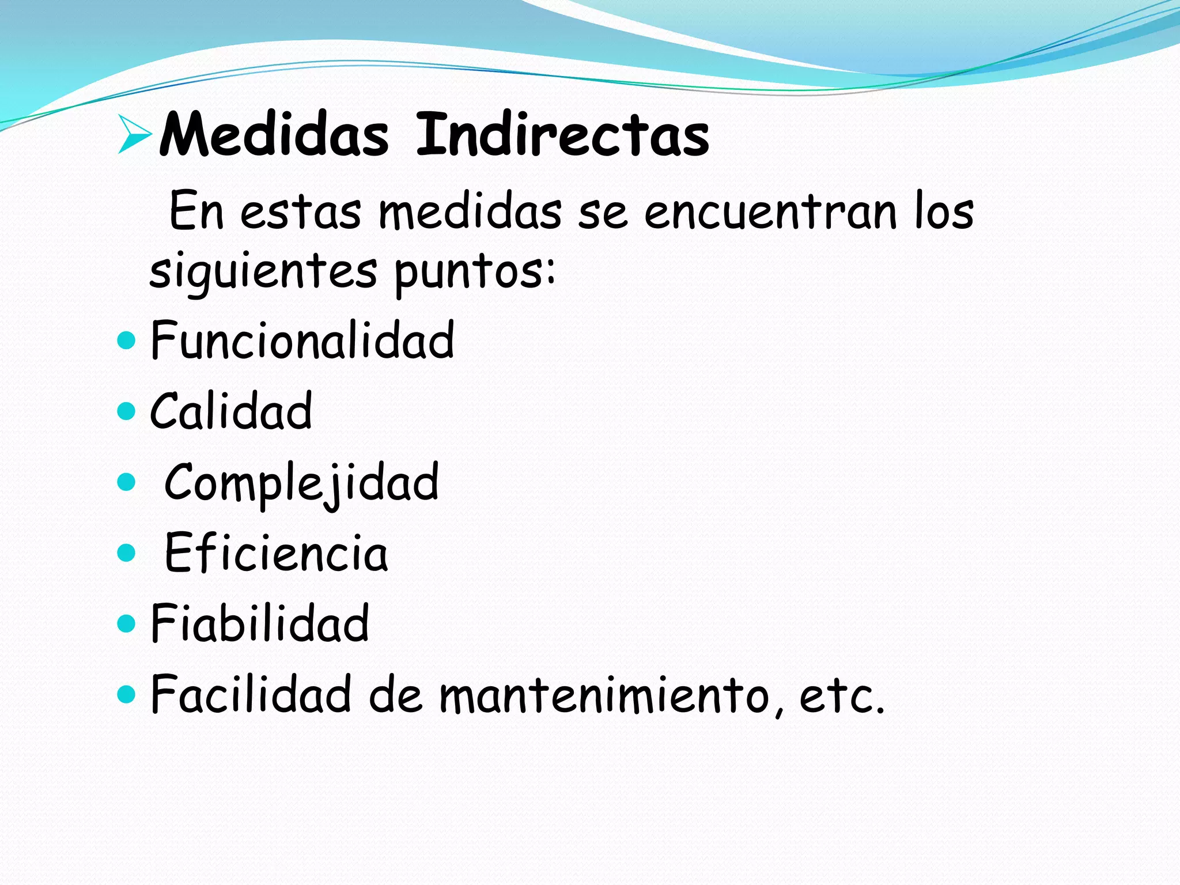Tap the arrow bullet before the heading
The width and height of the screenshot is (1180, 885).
coord(134,134)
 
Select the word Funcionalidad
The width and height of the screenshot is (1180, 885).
coord(302,341)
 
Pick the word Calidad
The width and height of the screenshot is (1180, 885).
coord(230,411)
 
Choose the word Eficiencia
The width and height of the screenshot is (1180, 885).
coord(276,553)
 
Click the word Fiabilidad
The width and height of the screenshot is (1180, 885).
coord(259,623)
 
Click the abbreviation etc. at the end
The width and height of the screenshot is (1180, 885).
coord(841,695)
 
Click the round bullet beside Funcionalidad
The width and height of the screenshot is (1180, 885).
coord(126,341)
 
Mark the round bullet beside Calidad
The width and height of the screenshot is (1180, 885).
coord(126,411)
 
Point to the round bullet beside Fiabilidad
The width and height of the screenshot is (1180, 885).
coord(126,623)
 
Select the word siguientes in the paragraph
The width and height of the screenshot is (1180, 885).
coord(263,272)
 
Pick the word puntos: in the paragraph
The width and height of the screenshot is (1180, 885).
coord(475,272)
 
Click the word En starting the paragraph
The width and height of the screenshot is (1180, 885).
coord(196,211)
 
